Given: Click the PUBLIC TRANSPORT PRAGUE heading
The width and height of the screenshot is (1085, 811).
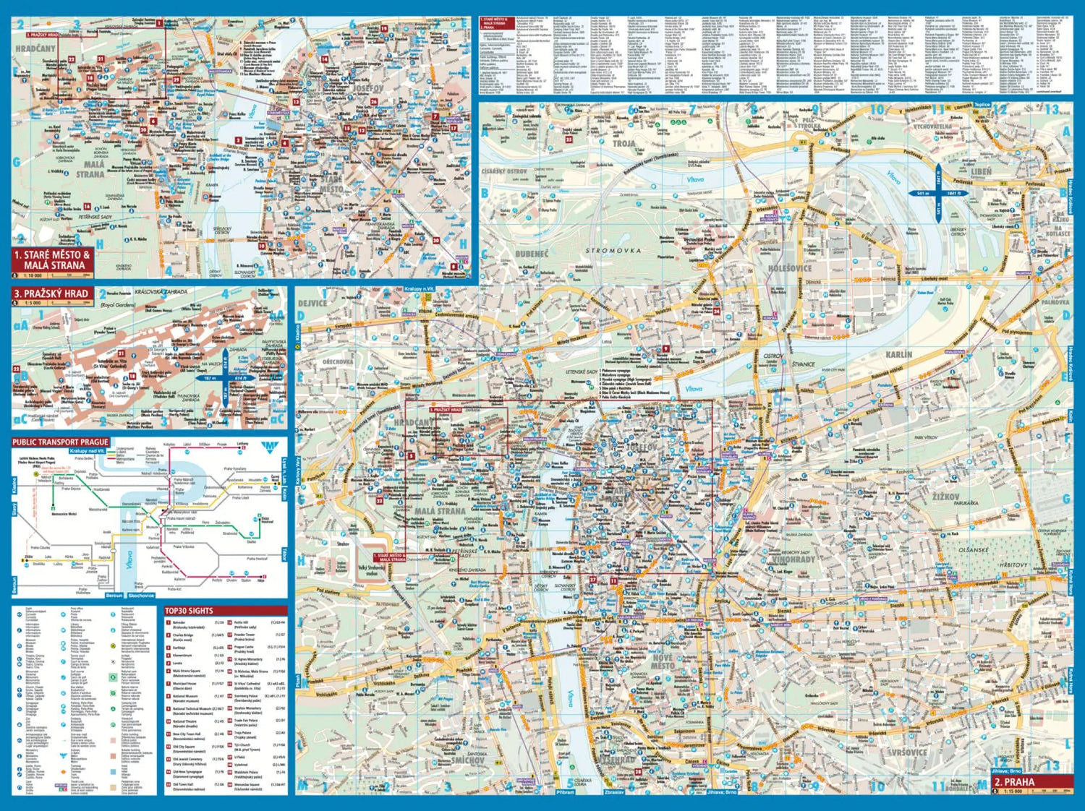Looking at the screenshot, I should point(61,442).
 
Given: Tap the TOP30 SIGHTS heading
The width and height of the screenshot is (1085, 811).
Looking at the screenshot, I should point(189,611).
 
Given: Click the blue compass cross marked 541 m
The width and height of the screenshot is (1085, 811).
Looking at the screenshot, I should point(937,194).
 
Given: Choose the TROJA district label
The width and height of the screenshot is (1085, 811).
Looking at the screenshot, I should point(624,143).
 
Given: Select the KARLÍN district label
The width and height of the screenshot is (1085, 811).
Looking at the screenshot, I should point(898,354).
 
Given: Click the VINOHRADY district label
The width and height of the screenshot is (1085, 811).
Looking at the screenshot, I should point(793,559).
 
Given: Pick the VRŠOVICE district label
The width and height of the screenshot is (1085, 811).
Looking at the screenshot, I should point(909,752).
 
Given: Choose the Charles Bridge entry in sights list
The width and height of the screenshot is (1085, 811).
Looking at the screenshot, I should point(182,635).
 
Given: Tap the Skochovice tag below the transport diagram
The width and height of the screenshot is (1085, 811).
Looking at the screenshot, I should point(141,595).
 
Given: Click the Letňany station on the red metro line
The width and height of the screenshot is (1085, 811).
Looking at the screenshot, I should point(242,444).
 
